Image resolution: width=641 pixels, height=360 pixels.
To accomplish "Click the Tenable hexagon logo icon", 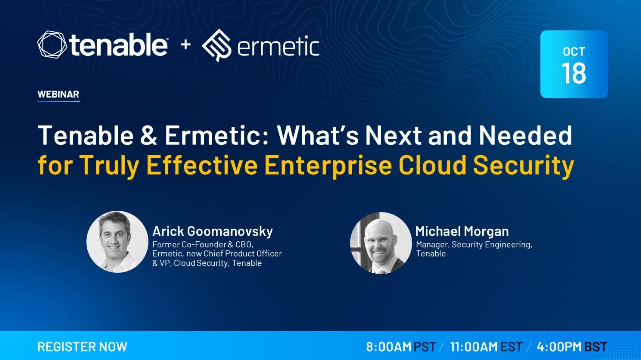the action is point(52,45).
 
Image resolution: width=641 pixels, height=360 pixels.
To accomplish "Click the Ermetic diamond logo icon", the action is point(217,45).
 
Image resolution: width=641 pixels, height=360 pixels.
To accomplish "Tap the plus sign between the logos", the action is point(186,45).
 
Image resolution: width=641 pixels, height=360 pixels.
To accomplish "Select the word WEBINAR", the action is point(58,94).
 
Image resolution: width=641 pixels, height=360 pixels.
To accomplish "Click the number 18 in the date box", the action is point(574,73).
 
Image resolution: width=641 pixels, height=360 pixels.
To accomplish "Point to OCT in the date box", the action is point(574,52).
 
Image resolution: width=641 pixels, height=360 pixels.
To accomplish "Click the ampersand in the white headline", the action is point(149,135).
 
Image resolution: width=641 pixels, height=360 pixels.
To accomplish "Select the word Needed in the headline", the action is point(526,135).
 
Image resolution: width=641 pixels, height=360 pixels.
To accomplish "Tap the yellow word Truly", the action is point(109,167).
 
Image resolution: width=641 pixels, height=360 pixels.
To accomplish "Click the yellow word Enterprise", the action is point(328,167).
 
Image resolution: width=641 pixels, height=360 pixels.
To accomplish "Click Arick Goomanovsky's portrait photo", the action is point(117,242).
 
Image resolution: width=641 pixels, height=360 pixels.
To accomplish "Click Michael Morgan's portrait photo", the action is point(381,243).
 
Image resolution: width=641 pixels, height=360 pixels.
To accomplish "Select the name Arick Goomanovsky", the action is point(213,231).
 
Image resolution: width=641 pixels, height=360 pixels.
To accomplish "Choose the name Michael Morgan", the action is point(462,231).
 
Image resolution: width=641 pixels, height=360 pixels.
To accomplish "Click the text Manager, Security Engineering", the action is point(474,245).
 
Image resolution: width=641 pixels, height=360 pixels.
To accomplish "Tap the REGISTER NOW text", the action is point(82,347).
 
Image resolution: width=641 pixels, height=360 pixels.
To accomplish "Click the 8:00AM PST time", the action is point(401,347).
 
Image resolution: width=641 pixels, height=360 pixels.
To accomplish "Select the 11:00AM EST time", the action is point(486,347).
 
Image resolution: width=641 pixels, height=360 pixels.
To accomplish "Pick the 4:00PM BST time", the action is point(572,347).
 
